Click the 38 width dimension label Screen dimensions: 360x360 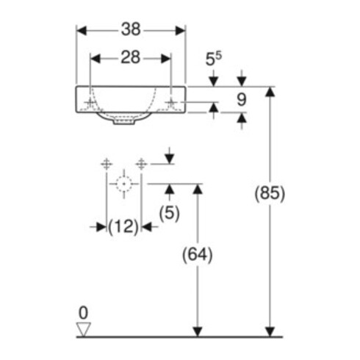131,29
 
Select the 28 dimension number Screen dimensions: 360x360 131,57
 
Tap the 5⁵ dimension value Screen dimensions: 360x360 213,59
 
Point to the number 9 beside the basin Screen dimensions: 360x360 242,100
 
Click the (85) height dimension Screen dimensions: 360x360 270,193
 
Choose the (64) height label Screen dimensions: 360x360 198,255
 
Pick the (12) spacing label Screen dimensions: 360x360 123,226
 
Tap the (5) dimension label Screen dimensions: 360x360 169,213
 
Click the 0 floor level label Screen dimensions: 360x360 83,312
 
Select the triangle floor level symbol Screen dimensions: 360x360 84,329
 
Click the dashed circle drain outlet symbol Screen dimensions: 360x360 123,184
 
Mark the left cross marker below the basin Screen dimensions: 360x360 107,164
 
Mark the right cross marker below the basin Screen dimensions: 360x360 141,164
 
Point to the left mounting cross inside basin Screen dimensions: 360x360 90,102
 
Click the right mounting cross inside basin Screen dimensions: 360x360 171,102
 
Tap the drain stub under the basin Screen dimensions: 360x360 124,121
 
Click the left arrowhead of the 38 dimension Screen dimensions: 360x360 82,31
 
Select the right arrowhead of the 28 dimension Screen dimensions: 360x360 166,59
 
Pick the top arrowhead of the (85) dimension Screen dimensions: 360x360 270,92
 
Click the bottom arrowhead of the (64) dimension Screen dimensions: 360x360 198,331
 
